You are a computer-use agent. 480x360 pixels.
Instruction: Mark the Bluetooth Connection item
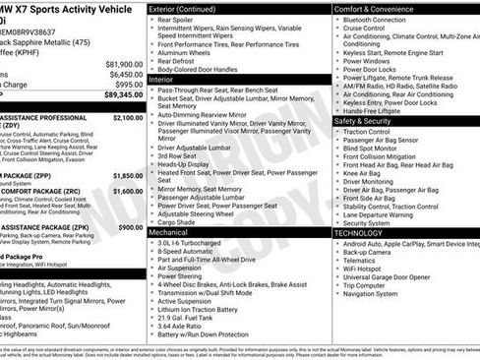click(x=385, y=19)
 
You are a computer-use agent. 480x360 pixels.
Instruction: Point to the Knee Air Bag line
click(x=366, y=172)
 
